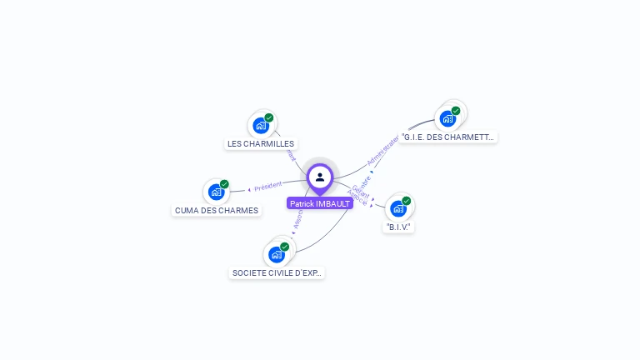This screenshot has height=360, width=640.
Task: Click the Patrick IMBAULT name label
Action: point(320,203)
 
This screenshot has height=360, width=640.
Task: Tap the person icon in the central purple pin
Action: point(320,177)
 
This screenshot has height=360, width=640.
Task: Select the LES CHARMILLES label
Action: point(261,143)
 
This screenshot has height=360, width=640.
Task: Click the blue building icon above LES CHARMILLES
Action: point(262,126)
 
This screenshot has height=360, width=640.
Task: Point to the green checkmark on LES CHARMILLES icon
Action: point(269,118)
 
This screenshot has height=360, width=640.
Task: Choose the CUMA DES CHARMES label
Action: point(217,210)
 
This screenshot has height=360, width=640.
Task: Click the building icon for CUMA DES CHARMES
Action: point(217,192)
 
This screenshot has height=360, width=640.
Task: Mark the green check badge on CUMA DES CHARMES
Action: point(224,185)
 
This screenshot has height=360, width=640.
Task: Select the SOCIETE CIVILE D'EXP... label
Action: point(277,272)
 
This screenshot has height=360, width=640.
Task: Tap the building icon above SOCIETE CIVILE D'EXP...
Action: point(277,254)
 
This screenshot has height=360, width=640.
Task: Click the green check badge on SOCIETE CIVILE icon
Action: point(284,247)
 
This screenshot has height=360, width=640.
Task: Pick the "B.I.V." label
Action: point(399,227)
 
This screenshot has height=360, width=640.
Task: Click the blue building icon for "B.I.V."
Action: point(398,208)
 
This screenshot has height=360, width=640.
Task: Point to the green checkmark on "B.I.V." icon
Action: point(406,201)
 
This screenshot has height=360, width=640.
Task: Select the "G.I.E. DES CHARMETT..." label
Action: point(447,137)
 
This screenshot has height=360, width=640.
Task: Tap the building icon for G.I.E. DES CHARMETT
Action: point(448,118)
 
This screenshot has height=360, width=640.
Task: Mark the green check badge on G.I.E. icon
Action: point(456,111)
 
